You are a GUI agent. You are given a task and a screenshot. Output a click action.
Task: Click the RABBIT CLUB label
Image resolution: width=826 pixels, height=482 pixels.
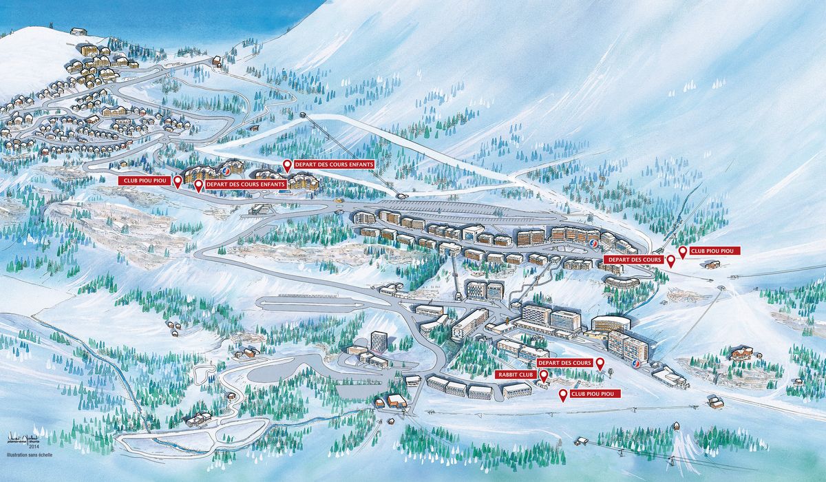(516, 375)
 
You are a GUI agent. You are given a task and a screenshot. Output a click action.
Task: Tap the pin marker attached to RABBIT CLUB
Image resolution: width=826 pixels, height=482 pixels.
(544, 375)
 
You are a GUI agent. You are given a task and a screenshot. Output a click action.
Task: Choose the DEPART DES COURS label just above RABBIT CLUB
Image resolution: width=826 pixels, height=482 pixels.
(564, 362)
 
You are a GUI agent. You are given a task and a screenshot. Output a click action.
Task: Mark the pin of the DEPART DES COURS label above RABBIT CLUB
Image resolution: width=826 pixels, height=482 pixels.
(600, 363)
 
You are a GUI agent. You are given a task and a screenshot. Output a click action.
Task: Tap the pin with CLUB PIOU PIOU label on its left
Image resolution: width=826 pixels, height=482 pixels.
(178, 181)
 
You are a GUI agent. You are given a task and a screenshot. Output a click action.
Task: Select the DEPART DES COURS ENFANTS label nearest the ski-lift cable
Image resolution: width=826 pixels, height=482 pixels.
(334, 165)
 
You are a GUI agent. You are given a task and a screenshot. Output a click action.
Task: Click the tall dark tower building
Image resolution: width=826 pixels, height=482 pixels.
(378, 340)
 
